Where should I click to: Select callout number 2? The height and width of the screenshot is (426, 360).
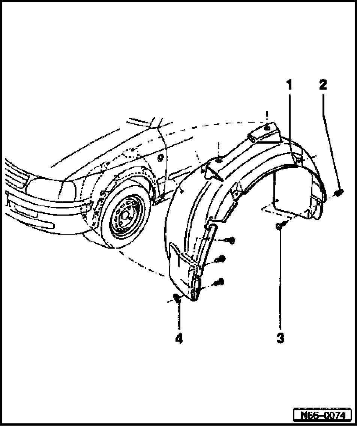coord(323,85)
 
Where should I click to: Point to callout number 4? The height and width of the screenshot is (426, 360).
coord(179,339)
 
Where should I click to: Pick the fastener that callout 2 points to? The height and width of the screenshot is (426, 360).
coord(339,193)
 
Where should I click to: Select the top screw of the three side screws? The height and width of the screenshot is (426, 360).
coord(231,240)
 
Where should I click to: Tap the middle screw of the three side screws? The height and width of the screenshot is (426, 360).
coord(221,259)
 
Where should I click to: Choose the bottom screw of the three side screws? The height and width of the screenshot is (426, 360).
coord(220,282)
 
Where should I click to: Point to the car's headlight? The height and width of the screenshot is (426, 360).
coord(45,186)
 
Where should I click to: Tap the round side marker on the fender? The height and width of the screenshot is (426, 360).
coord(160,158)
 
